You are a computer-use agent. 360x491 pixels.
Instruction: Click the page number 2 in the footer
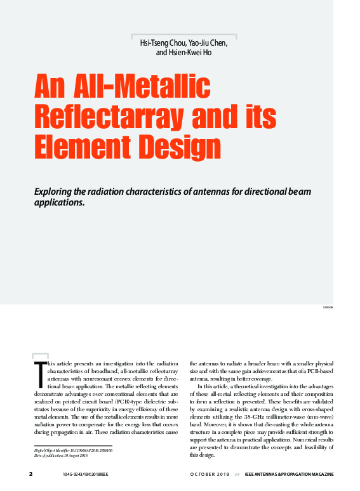pos(30,475)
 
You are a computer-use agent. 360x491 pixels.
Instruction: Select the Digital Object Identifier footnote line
pos(72,450)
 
